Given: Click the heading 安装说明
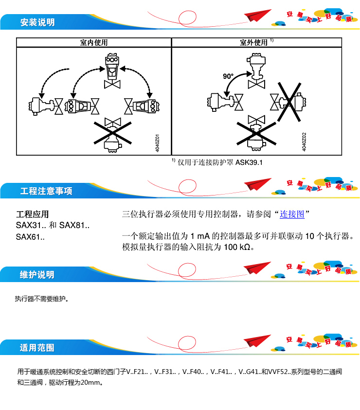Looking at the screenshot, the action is (x=37, y=22).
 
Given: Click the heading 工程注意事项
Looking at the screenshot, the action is (x=46, y=191).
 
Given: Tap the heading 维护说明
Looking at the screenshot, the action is (x=37, y=275).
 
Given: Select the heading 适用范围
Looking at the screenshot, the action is (x=37, y=348).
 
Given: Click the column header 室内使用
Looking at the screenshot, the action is (x=94, y=42).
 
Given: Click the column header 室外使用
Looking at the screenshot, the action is (x=253, y=42).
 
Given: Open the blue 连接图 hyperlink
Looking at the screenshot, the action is (x=292, y=214).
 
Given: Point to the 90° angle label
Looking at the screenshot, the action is (x=228, y=76).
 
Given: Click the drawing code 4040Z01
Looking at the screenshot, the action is (x=157, y=143).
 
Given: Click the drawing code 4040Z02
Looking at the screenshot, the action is (x=304, y=142).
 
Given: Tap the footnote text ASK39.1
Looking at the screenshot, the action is (x=249, y=162).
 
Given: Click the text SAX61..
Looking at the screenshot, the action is (x=30, y=237).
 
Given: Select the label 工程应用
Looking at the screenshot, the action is (x=33, y=214).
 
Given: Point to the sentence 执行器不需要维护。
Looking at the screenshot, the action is (x=42, y=299).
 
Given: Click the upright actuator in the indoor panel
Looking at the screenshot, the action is (x=112, y=71).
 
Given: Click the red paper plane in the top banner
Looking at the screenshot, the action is (x=257, y=15).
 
